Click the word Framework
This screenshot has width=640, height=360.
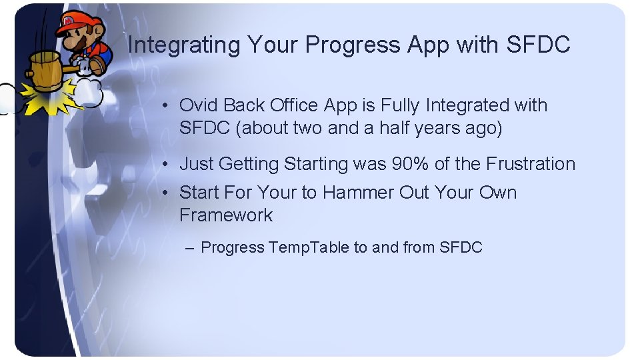226,215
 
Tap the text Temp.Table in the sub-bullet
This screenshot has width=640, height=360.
309,247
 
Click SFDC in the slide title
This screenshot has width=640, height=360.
539,45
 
